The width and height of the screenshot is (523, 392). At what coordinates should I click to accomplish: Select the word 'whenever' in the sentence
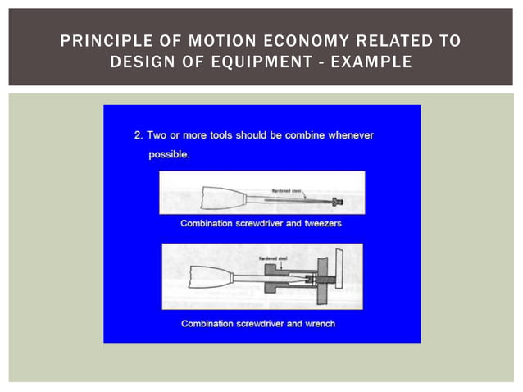click(350, 135)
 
